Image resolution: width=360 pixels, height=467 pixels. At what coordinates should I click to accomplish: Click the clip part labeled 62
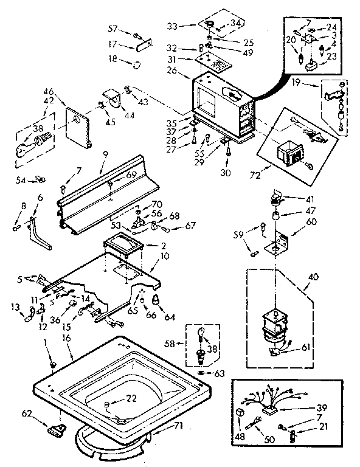coord(55,430)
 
